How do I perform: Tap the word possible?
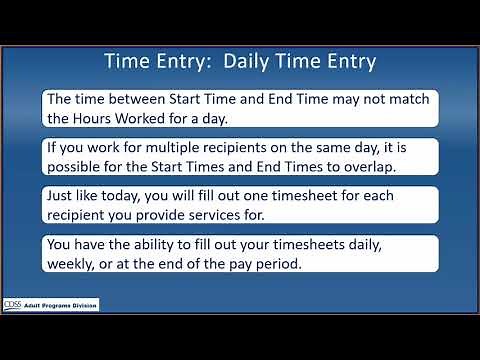[79, 166]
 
